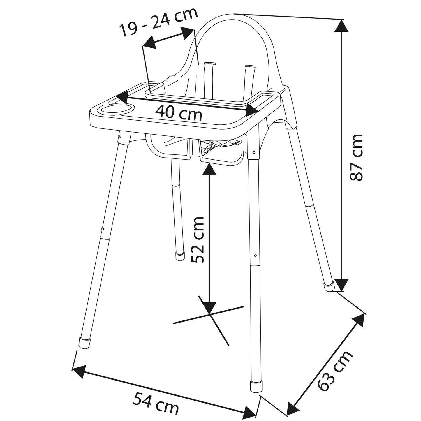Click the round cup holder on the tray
click(116, 110)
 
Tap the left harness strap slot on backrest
click(209, 63)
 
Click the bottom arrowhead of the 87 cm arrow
click(341, 285)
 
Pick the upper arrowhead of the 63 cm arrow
click(359, 319)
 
